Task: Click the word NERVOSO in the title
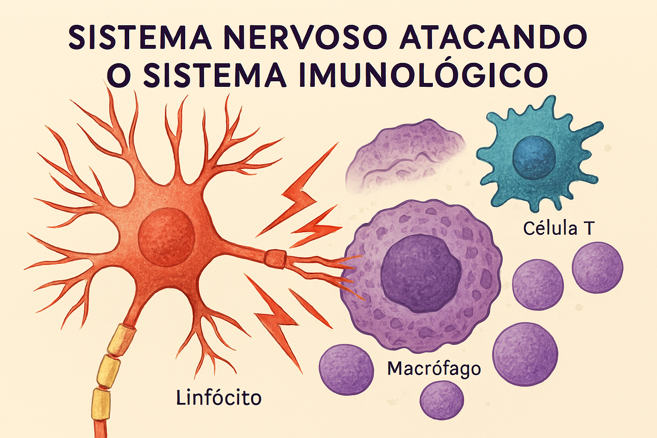click(305, 37)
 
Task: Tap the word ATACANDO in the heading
click(492, 37)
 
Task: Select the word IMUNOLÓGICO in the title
click(423, 75)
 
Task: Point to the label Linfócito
click(219, 398)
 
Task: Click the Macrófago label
click(434, 368)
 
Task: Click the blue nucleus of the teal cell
click(534, 157)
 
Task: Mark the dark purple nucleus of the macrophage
click(421, 273)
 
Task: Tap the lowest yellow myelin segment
click(101, 404)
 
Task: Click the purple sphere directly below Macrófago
click(442, 400)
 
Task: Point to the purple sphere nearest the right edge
click(597, 268)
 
